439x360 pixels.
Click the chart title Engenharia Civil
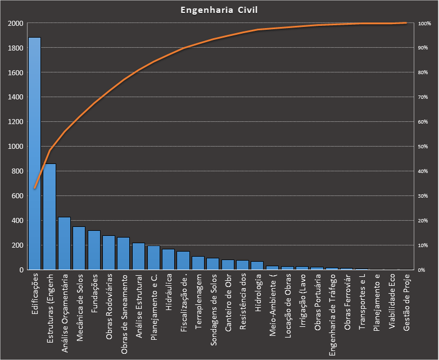219,10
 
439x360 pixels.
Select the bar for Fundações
94,250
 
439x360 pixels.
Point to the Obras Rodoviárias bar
108,253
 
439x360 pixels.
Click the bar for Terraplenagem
198,263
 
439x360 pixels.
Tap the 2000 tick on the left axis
16,24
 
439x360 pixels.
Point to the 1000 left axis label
16,147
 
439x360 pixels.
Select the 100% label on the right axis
424,24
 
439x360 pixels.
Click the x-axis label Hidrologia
258,291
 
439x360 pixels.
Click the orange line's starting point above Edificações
35,188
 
